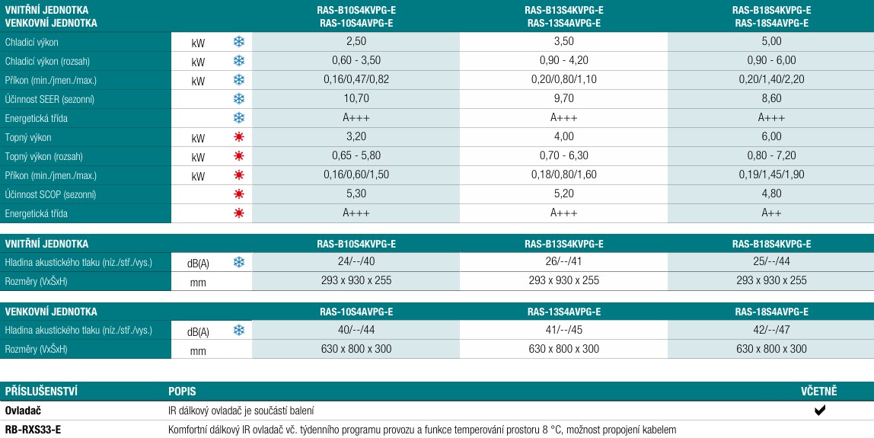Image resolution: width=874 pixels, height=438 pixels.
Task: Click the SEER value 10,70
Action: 356,99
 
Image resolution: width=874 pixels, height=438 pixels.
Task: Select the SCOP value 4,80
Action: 771,194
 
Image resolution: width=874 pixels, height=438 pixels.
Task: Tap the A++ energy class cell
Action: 771,213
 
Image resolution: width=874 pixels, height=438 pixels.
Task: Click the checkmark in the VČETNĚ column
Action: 820,411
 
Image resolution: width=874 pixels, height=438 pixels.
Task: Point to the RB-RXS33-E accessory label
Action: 33,430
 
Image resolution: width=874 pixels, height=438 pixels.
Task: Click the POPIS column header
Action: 182,392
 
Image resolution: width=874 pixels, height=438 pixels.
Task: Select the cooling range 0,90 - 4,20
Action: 563,61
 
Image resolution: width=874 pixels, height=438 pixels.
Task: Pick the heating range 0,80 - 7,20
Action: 771,156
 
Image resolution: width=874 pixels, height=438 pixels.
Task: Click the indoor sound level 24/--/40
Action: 356,262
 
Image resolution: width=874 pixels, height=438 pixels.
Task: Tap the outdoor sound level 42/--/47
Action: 771,330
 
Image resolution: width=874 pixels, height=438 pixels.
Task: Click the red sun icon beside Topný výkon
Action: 238,137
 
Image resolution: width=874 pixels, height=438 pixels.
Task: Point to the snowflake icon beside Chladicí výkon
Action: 238,42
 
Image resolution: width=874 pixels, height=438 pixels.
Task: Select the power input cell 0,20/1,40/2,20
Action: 771,80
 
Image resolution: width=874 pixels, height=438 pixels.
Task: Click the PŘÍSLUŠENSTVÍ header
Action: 41,392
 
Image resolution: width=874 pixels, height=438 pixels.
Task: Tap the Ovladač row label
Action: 23,411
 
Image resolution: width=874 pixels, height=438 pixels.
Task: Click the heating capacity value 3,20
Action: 356,137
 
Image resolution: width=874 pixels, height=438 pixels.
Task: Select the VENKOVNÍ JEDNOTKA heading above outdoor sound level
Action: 51,312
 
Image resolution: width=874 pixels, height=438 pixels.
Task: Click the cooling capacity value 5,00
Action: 771,42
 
